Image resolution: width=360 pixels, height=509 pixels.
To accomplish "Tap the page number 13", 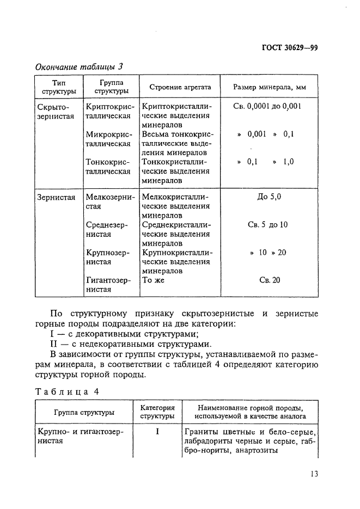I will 313,474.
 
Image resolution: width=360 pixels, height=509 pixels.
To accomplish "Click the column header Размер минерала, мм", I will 270,87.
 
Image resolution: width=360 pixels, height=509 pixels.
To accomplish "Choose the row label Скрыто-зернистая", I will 54,112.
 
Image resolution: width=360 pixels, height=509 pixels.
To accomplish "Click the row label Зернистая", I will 56,198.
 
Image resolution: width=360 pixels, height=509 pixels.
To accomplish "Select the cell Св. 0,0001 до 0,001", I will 267,107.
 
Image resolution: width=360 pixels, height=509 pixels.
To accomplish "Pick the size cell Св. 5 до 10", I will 267,224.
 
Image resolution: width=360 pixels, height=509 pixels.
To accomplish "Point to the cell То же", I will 153,280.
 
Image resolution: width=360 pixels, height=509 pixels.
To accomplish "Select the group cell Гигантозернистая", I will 108,285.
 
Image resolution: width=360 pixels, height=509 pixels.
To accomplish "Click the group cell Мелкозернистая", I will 109,202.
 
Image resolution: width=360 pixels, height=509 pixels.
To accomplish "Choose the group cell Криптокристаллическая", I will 109,112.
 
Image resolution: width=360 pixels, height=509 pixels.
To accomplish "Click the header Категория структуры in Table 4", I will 157,412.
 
